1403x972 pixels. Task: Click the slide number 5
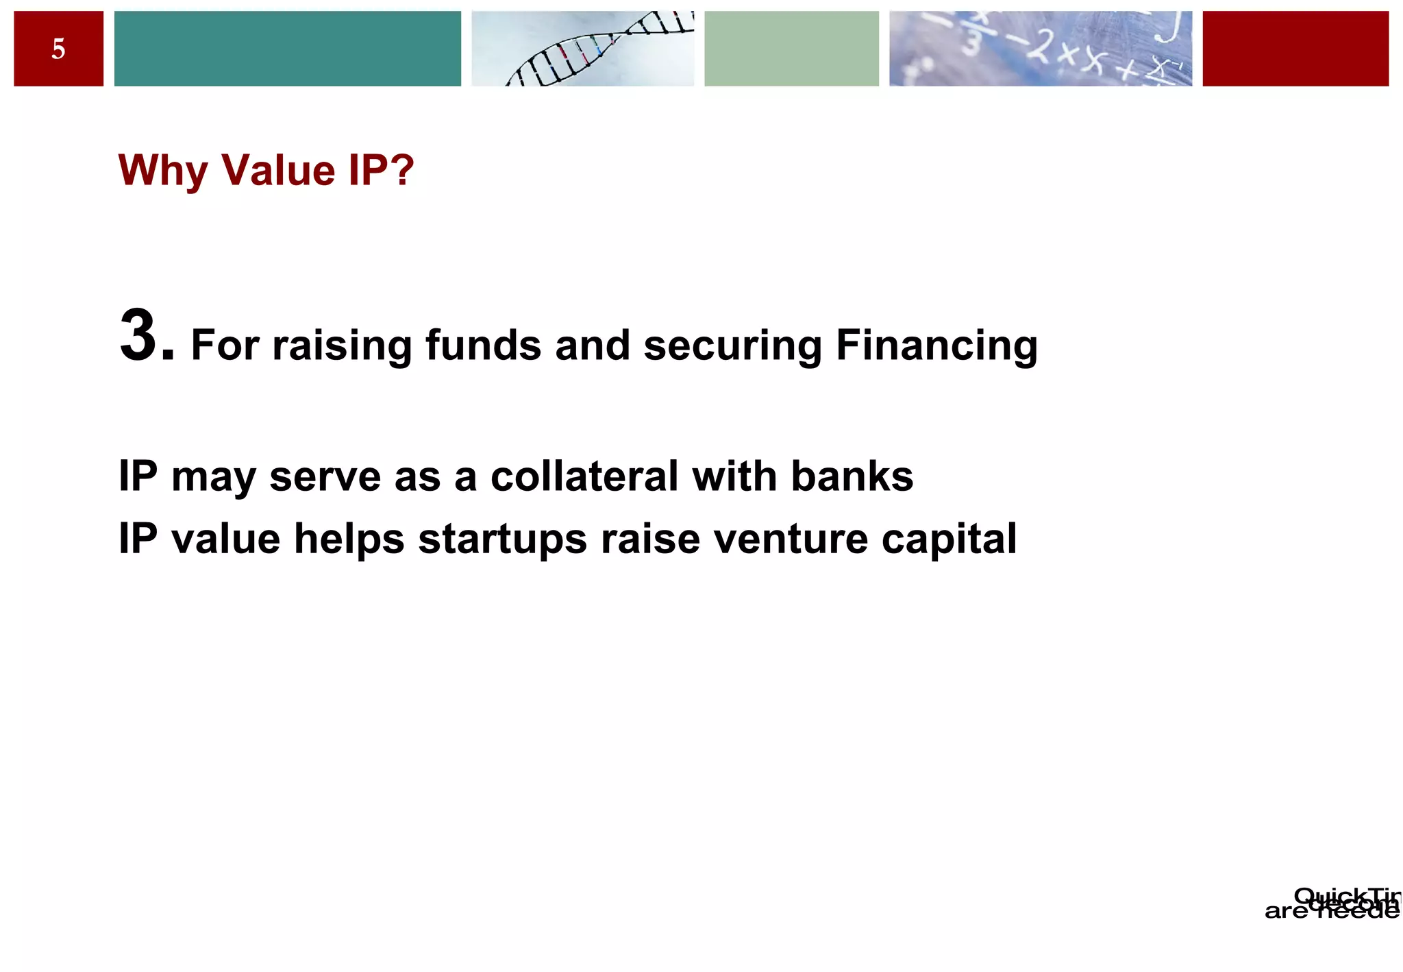58,49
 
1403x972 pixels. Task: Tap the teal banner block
287,49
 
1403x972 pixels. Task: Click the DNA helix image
582,49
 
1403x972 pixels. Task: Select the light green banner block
791,49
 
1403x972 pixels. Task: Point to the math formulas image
1040,49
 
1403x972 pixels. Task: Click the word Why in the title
162,170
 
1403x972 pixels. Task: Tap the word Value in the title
278,170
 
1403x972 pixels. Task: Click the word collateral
584,476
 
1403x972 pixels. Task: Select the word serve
325,476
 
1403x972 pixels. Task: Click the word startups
502,539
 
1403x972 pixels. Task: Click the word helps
349,539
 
